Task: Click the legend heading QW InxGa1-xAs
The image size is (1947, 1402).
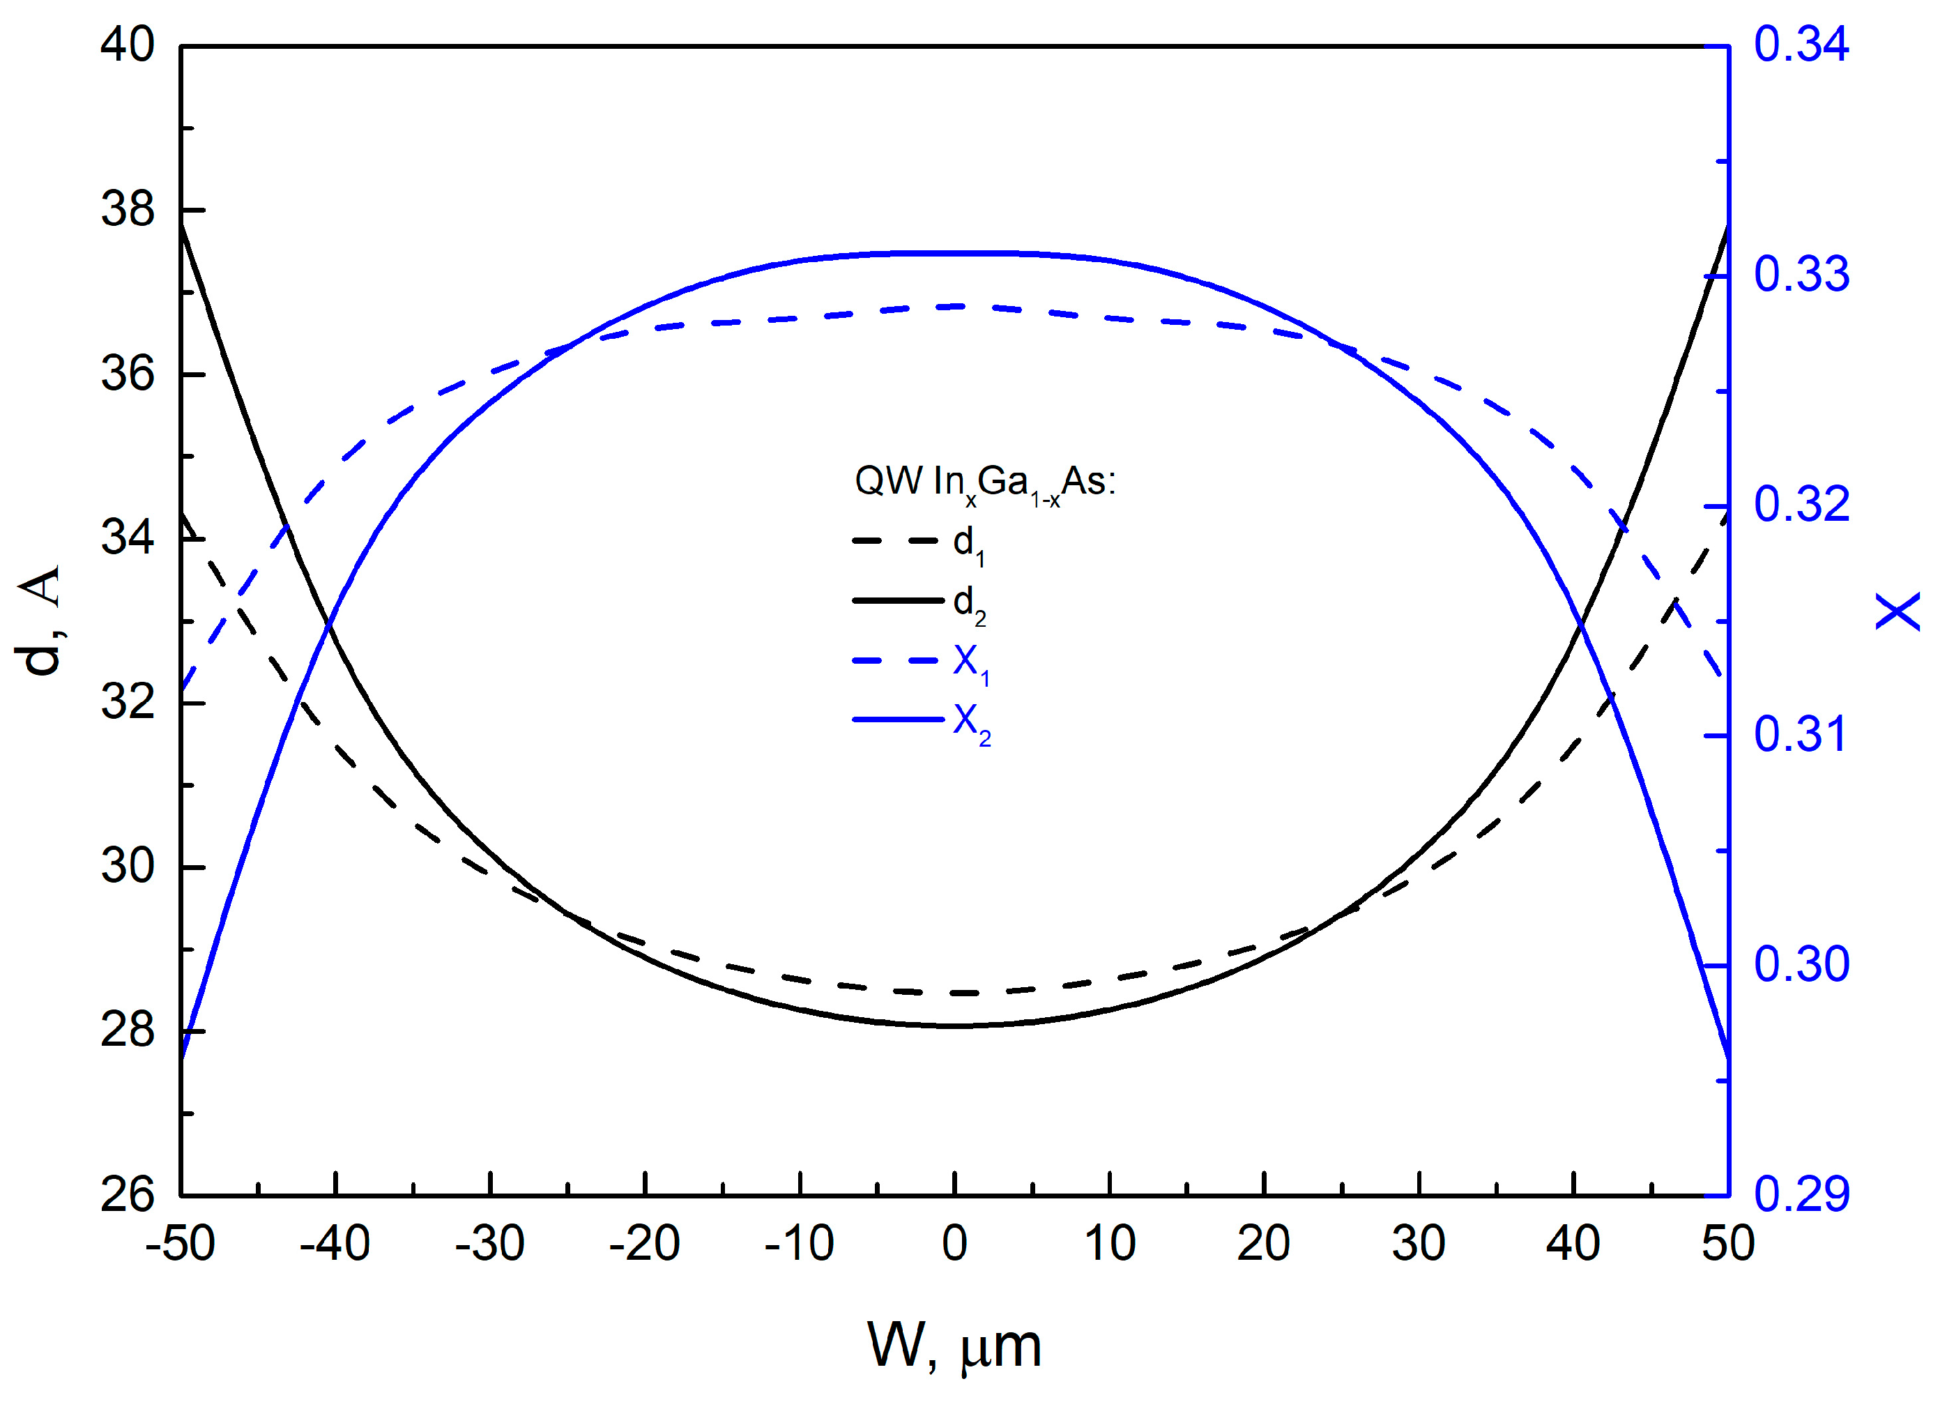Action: click(985, 482)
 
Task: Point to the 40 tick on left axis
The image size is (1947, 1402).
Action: click(127, 44)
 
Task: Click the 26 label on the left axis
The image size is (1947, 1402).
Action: click(127, 1194)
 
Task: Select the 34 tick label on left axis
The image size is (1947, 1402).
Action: click(127, 538)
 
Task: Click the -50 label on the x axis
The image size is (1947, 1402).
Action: click(181, 1244)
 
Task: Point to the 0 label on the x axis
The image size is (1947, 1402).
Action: click(954, 1244)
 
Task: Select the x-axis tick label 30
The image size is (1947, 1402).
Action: click(1418, 1244)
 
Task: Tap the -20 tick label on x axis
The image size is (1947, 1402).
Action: click(644, 1244)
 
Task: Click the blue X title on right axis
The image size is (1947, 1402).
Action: click(1898, 611)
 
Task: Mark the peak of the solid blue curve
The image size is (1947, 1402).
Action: click(954, 253)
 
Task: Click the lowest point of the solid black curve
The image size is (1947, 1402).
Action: click(954, 1025)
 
